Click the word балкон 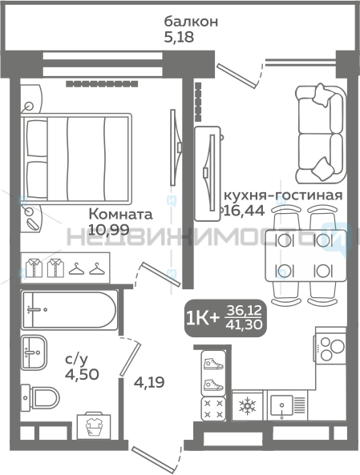click(191, 22)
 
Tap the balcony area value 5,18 click(179, 38)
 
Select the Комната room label click(120, 215)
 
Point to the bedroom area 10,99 click(109, 230)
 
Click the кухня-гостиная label click(283, 195)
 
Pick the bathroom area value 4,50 click(82, 374)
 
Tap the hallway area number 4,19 click(149, 383)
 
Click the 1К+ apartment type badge click(202, 318)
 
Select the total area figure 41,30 click(244, 325)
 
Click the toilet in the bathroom click(40, 397)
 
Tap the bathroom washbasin click(34, 352)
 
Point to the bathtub click(69, 310)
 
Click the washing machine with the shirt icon click(94, 425)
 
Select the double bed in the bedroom click(76, 159)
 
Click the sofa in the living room click(321, 134)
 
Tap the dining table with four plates click(305, 256)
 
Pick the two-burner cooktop click(331, 348)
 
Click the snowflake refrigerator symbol click(247, 406)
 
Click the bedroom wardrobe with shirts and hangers click(65, 268)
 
